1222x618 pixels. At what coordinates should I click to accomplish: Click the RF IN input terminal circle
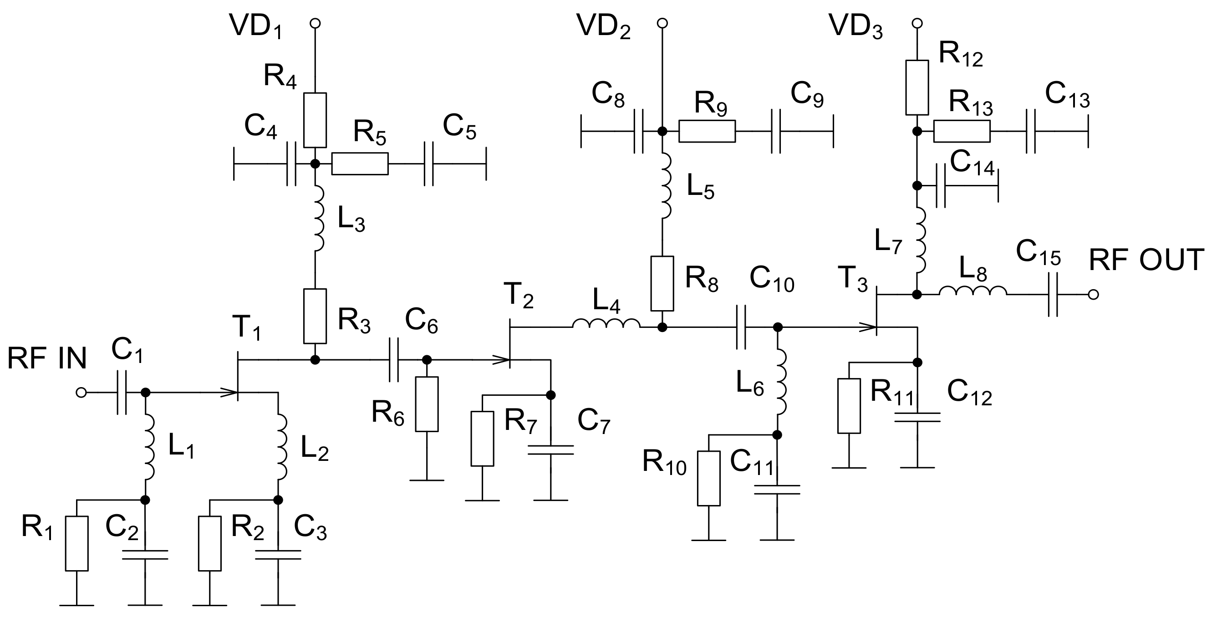point(81,393)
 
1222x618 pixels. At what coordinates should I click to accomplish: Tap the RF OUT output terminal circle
point(1094,295)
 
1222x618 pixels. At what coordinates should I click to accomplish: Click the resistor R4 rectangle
point(315,120)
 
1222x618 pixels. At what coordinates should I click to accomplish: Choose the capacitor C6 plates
point(394,360)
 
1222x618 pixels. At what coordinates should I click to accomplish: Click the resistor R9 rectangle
point(707,132)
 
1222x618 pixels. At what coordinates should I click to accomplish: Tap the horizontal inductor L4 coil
point(606,324)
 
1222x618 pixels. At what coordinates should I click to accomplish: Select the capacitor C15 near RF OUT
point(1053,295)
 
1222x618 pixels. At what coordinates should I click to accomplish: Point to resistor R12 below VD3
point(917,87)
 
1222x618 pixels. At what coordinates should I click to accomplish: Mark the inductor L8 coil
point(973,291)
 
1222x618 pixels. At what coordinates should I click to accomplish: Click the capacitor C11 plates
point(777,490)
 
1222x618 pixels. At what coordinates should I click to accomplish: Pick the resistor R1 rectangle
point(77,543)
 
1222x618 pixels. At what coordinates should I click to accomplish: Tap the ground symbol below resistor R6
point(427,480)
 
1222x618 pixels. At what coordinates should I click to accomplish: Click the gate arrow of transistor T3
point(867,327)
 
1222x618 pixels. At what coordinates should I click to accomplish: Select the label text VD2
point(603,27)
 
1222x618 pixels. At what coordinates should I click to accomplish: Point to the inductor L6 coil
point(781,382)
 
